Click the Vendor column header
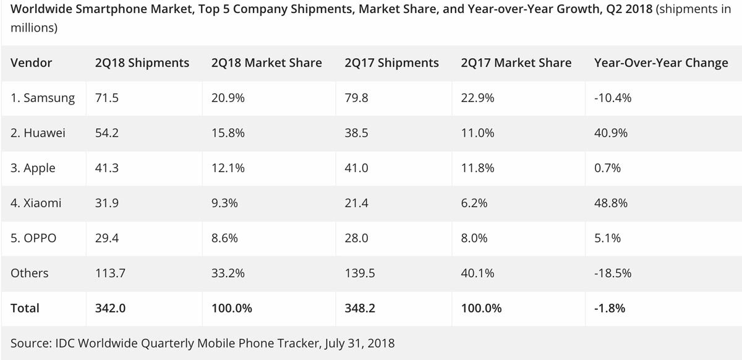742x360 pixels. point(31,63)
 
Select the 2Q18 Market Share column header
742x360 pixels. point(266,63)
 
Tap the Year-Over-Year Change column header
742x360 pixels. point(660,63)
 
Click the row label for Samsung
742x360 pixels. point(43,98)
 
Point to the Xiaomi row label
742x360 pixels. point(36,203)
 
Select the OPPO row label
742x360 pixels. point(33,238)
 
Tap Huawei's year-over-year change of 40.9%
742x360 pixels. point(608,133)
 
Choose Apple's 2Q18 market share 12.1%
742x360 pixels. point(226,168)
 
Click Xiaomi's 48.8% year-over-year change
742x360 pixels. point(608,203)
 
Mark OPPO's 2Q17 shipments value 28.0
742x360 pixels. point(356,238)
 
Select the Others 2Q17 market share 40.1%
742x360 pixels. point(476,273)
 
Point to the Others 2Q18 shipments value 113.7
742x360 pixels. point(108,273)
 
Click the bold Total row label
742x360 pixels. point(25,308)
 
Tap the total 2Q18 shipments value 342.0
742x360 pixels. point(110,308)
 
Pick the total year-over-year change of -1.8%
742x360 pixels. point(610,308)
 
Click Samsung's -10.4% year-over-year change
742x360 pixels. point(612,98)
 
